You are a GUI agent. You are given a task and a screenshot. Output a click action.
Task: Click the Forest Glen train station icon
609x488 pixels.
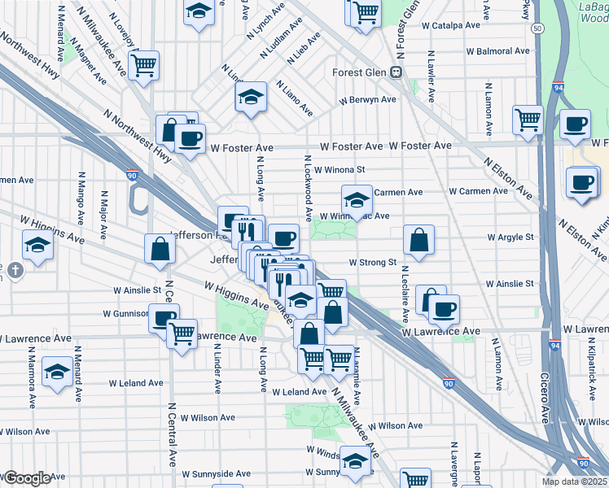397,72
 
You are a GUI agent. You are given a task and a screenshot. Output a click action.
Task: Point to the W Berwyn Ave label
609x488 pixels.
367,99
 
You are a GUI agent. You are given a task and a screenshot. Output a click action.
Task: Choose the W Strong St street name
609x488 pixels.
372,263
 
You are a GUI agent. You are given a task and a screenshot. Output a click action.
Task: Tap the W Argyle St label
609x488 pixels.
510,237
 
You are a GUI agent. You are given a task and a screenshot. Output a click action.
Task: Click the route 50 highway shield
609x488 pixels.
537,28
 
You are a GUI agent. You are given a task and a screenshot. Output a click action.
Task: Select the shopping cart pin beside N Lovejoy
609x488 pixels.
143,64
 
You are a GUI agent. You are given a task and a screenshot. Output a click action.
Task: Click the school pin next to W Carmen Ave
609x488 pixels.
357,198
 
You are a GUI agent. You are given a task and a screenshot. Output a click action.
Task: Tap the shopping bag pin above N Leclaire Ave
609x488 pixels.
418,239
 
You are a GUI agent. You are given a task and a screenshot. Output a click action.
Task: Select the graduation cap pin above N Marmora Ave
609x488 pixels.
57,371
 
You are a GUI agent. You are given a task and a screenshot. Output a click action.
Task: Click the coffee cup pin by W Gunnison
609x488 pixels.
164,316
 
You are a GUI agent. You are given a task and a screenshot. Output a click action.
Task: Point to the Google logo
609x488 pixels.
26,478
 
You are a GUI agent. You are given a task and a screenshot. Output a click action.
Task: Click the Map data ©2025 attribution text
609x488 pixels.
572,481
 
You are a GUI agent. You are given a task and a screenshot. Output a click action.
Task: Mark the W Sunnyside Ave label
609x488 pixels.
217,473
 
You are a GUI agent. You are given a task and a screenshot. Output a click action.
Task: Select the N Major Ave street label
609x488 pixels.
103,215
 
